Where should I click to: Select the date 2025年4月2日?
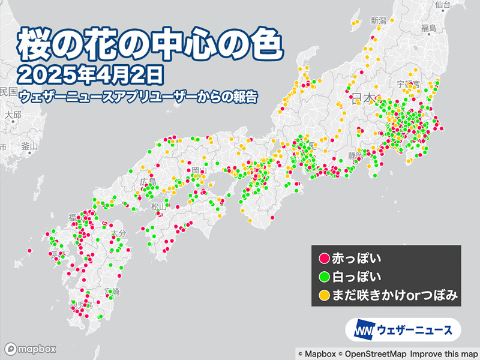click(90, 76)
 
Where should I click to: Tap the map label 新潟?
click(379, 21)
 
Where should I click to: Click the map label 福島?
click(428, 28)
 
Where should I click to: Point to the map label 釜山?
click(29, 146)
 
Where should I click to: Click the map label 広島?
click(148, 181)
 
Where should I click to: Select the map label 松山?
click(157, 207)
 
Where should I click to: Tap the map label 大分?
click(117, 232)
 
